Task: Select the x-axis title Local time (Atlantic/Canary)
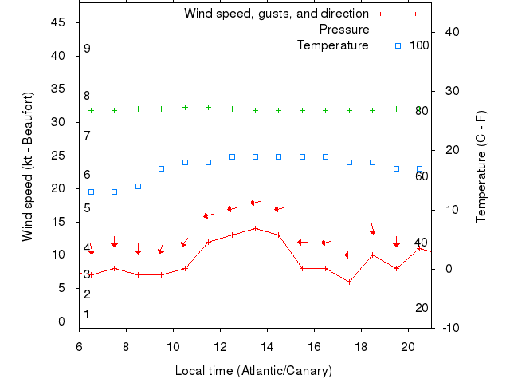pyautogui.click(x=253, y=371)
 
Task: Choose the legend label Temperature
pyautogui.click(x=332, y=45)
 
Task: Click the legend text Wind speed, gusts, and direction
pyautogui.click(x=276, y=14)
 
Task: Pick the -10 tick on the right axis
pyautogui.click(x=448, y=328)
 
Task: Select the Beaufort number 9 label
pyautogui.click(x=87, y=49)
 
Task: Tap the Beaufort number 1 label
pyautogui.click(x=87, y=314)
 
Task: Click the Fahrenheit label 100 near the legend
pyautogui.click(x=419, y=45)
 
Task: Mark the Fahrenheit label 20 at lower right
pyautogui.click(x=422, y=308)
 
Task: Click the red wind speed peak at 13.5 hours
pyautogui.click(x=255, y=228)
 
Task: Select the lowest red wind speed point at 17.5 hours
pyautogui.click(x=349, y=282)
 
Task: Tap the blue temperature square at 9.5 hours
pyautogui.click(x=161, y=168)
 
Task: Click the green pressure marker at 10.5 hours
pyautogui.click(x=185, y=107)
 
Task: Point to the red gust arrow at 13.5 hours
pyautogui.click(x=254, y=203)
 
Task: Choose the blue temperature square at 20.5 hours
pyautogui.click(x=419, y=168)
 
